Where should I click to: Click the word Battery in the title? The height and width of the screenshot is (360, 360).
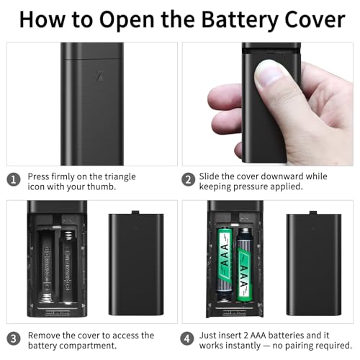[240, 20]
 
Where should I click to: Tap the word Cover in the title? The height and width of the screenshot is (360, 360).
[315, 19]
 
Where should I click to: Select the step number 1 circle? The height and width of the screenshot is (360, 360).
[14, 180]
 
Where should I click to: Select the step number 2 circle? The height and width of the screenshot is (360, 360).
[188, 180]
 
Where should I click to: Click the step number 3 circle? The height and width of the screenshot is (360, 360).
[14, 338]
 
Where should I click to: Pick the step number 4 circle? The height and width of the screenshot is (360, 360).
[187, 338]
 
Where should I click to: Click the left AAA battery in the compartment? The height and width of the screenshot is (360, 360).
[225, 261]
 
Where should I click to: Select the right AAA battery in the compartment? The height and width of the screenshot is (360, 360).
[245, 265]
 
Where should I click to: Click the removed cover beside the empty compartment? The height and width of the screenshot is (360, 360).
[136, 264]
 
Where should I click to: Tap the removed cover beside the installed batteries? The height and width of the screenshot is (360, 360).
[314, 264]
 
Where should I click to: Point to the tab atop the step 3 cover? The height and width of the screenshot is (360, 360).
[135, 212]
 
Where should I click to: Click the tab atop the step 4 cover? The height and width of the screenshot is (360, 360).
[313, 212]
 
